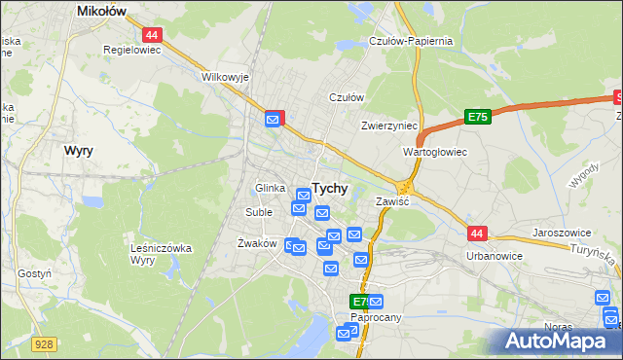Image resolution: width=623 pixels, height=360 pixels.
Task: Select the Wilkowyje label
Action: [x=225, y=76]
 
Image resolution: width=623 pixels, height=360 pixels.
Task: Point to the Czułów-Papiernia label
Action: [x=411, y=41]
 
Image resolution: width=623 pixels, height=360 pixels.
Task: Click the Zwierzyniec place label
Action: [x=388, y=126]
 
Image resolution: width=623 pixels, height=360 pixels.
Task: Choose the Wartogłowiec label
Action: [x=435, y=153]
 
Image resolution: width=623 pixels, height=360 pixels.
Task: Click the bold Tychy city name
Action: [x=332, y=188]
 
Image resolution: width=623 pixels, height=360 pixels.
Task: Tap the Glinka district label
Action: [x=270, y=188]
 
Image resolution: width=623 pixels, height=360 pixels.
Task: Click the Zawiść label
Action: [x=392, y=201]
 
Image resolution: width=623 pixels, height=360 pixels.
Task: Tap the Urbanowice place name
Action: [x=495, y=256]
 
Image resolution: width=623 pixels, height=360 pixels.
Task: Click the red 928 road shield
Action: [x=43, y=343]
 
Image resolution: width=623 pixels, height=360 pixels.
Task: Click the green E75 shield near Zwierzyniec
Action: [x=476, y=117]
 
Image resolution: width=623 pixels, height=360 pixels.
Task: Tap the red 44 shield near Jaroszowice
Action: [x=476, y=234]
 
